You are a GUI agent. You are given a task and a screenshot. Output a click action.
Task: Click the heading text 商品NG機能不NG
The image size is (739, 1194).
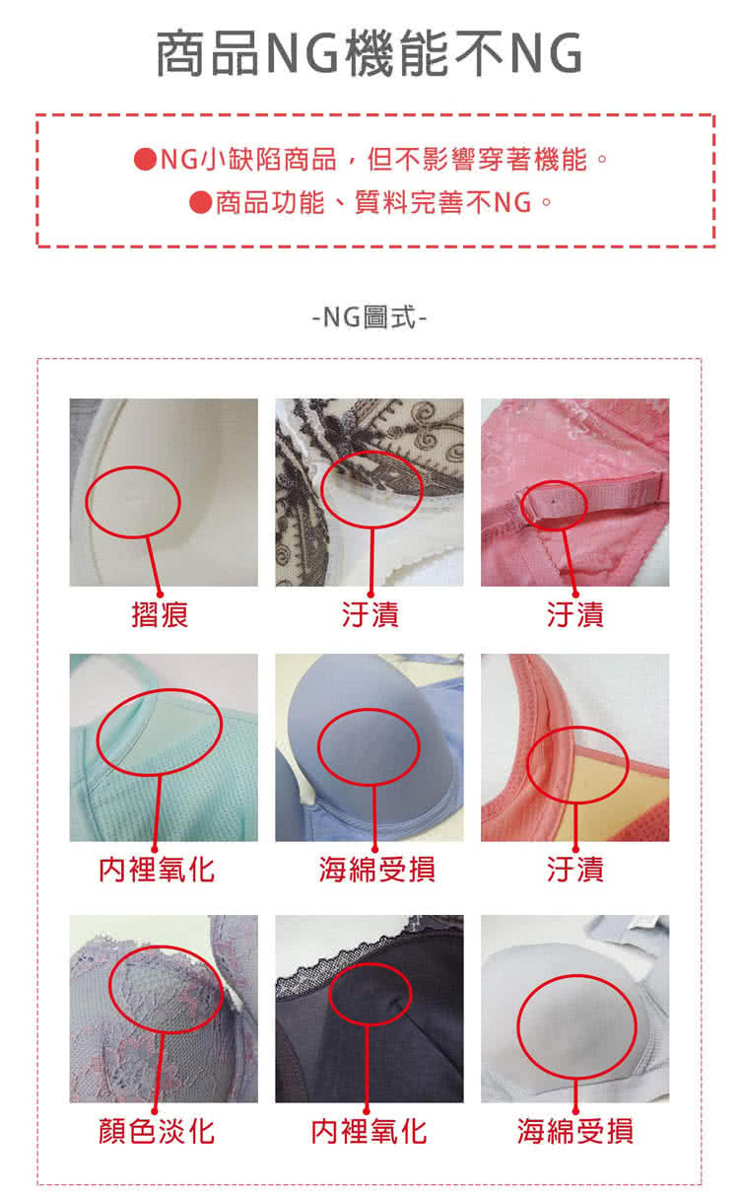pos(369,53)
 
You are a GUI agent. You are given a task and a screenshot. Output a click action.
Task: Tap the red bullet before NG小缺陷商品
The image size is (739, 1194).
pos(145,159)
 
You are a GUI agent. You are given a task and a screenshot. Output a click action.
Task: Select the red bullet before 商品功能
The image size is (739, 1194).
pos(200,202)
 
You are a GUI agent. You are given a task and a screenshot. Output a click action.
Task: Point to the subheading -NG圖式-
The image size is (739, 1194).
pos(369,317)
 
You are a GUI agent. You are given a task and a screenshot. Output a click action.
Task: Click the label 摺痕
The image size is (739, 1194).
pos(160,614)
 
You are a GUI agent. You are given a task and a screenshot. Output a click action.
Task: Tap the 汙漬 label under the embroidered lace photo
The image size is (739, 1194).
pos(369,614)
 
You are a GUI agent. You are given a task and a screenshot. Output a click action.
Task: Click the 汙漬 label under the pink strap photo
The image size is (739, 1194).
pos(575,614)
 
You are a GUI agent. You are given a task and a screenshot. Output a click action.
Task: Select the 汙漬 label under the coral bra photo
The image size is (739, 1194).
pos(575,870)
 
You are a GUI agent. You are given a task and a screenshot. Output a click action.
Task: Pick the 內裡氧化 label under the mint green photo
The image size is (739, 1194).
pos(157,870)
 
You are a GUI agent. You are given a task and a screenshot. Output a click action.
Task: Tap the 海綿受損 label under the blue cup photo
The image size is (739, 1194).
pos(376,870)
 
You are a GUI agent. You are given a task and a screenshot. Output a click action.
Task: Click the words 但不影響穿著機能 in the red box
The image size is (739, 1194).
pos(477,159)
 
